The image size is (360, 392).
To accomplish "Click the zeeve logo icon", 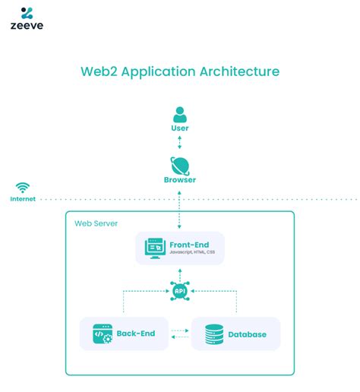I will pos(27,13).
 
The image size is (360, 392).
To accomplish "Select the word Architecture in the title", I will pos(239,71).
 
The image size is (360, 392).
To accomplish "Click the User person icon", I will pos(180,114).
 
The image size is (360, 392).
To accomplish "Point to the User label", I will pos(180,128).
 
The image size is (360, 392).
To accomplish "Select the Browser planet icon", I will pos(180,165).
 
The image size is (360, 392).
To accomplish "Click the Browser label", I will pos(180,180).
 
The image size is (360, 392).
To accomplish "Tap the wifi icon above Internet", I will pos(24,187).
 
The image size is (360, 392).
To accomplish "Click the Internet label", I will pos(23,199).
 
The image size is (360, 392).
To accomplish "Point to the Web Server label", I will pos(96,223).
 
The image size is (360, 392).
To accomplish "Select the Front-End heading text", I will pos(190,244).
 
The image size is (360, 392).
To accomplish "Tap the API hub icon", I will pos(180,290).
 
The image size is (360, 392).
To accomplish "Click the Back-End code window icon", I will pos(102,333).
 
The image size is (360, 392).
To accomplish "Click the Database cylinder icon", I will pos(215,334).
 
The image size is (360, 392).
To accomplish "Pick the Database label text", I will pos(248,334).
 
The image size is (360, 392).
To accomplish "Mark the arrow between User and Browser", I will pos(180,142).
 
